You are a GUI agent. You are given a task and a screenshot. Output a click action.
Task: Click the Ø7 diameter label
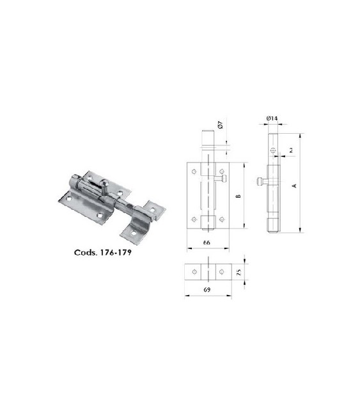[219, 126]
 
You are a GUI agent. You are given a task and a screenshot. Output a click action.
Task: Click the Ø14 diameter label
[272, 118]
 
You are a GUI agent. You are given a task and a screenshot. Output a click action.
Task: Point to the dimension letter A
[293, 185]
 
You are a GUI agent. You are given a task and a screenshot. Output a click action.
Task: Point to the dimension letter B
[237, 196]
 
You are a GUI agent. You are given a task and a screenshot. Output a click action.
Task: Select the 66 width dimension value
[207, 243]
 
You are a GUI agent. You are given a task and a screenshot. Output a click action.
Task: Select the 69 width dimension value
[207, 290]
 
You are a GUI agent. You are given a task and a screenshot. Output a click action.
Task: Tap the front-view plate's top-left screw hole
[193, 172]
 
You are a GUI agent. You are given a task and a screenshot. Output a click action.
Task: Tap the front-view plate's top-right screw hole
[221, 172]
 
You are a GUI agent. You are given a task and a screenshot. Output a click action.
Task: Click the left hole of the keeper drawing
[194, 273]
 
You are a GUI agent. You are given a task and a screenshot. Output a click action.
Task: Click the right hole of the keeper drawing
[221, 273]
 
